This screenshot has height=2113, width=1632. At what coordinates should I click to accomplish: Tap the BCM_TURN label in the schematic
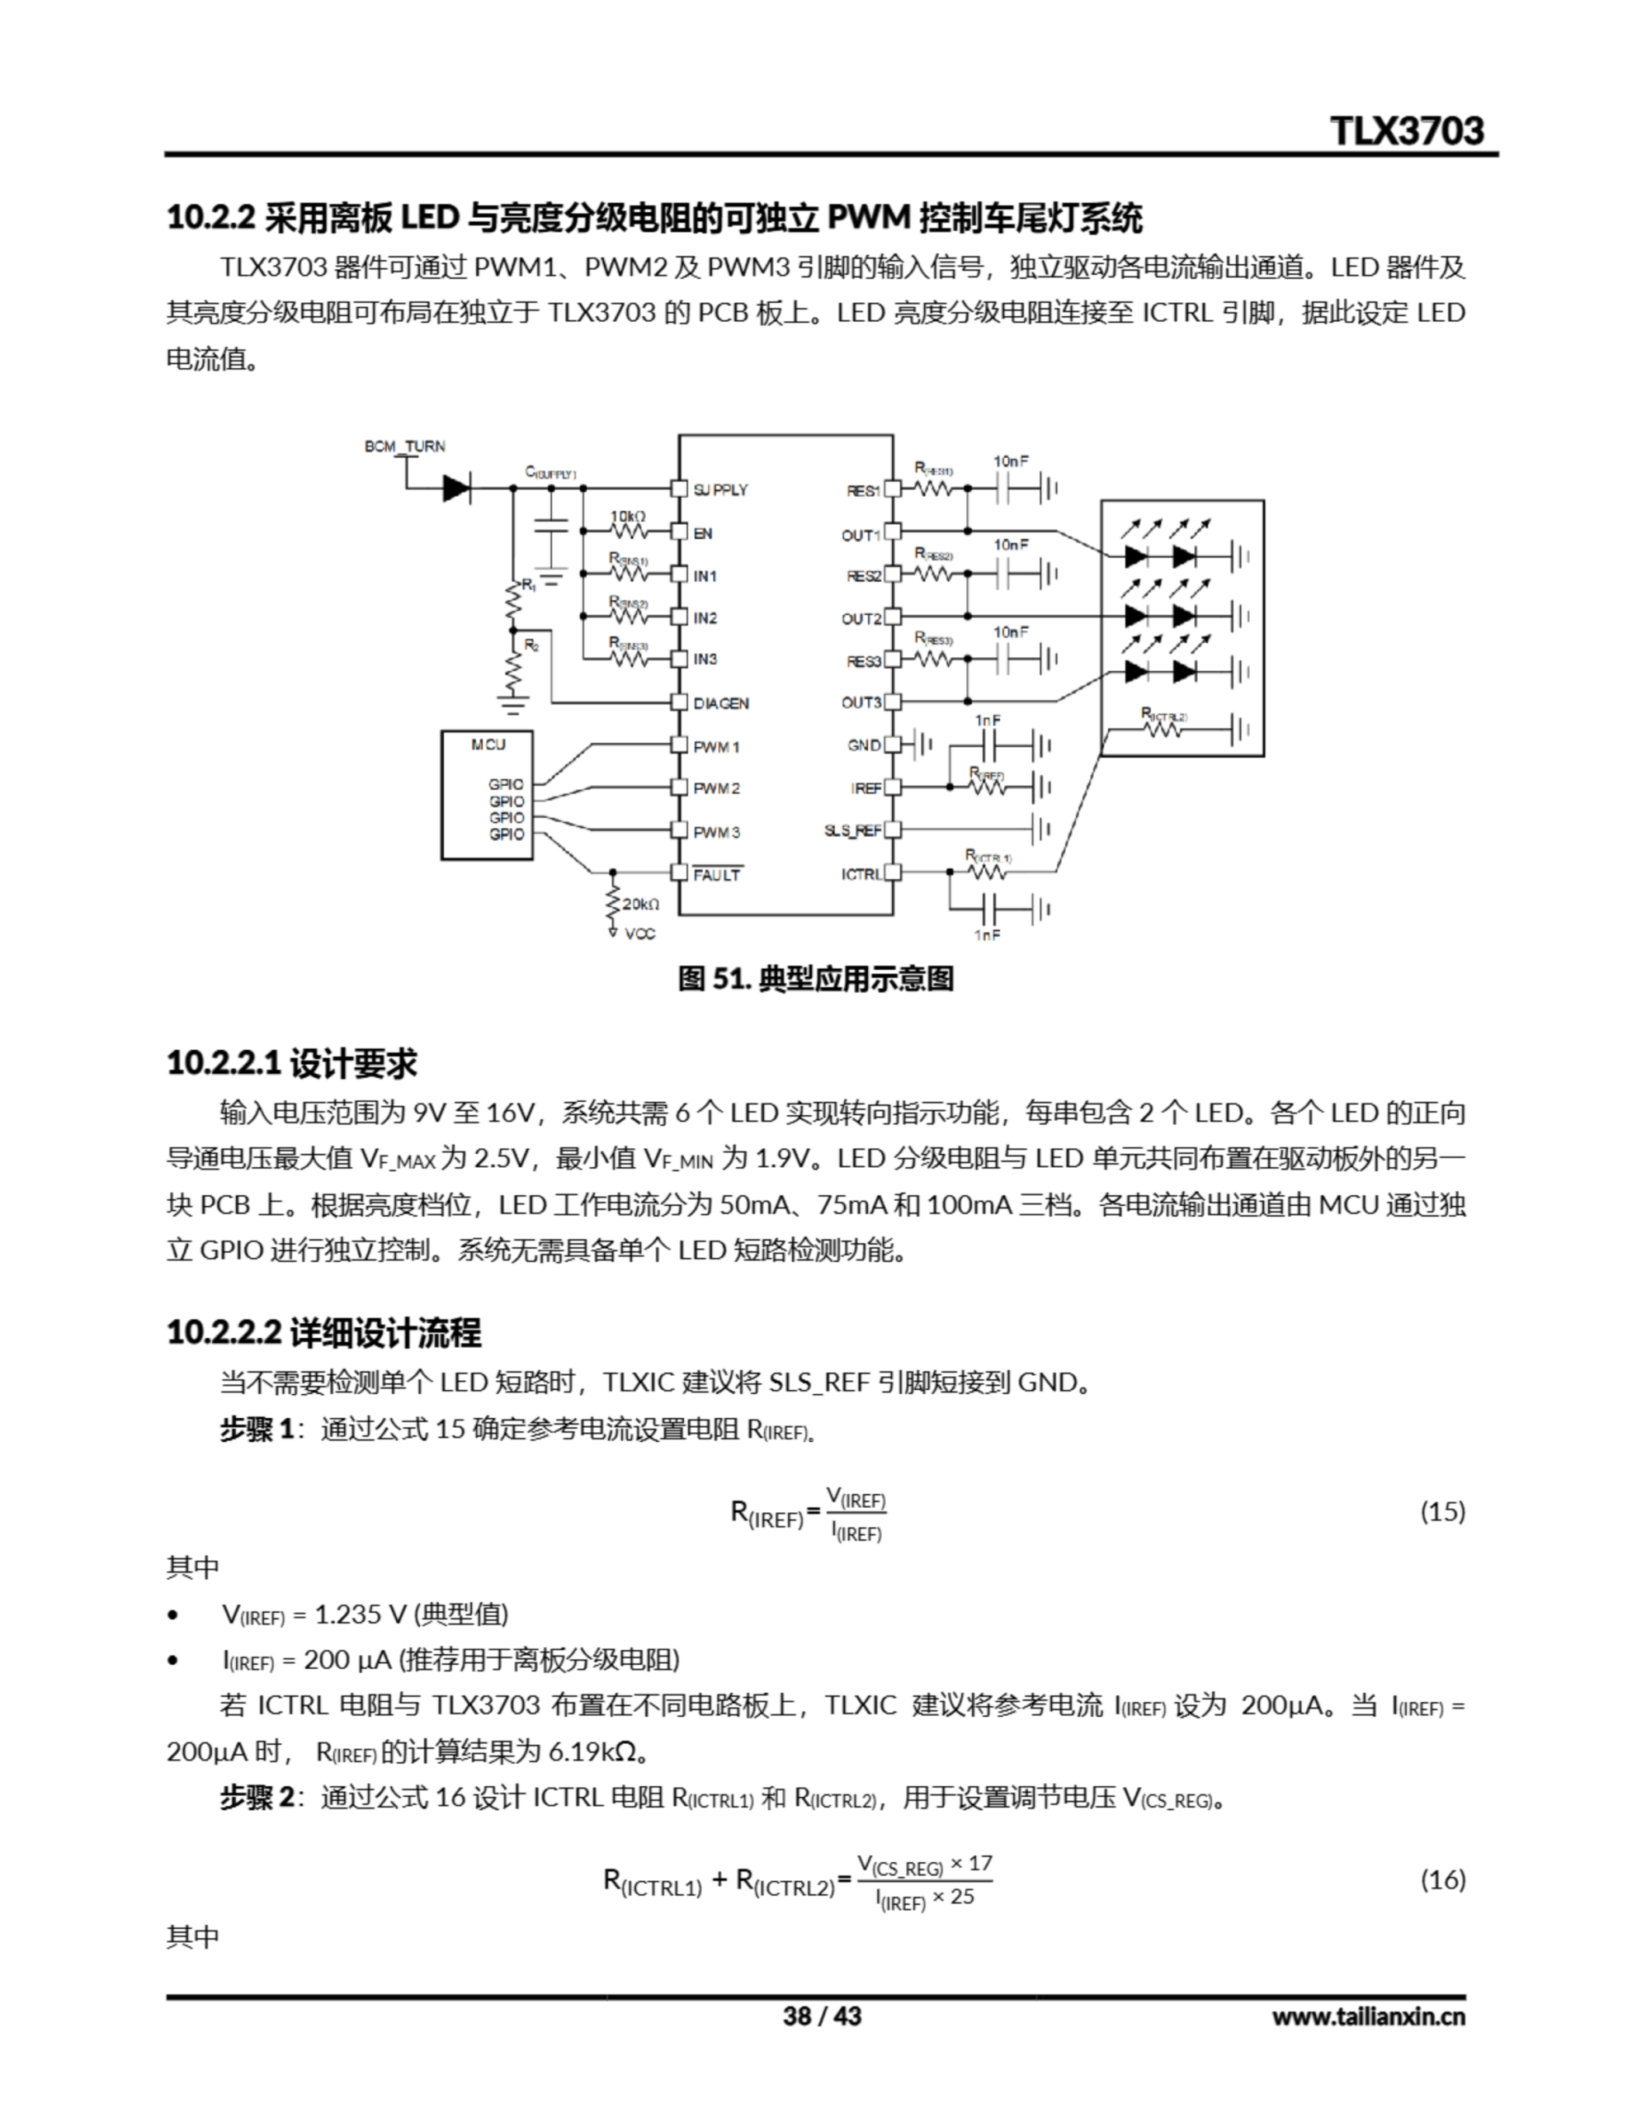click(404, 446)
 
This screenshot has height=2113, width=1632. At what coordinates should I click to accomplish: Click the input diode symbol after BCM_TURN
click(456, 489)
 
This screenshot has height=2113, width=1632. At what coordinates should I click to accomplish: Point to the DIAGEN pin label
click(721, 703)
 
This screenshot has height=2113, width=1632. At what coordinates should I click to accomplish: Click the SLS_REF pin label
click(852, 830)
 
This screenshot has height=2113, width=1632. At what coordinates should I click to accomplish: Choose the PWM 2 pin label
click(716, 788)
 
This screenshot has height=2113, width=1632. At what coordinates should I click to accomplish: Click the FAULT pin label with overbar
click(717, 875)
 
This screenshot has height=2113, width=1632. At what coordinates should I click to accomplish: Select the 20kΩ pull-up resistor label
click(640, 905)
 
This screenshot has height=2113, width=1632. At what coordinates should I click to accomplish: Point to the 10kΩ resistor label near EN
click(627, 517)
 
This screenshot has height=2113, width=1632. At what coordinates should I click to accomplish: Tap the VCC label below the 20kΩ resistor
click(639, 934)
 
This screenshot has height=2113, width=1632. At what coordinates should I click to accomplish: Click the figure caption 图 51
click(815, 979)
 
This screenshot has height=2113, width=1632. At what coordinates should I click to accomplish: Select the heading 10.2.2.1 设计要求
click(291, 1063)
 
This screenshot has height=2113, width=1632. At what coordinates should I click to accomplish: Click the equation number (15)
click(1441, 1510)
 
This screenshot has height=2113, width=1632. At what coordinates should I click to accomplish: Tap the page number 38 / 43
click(821, 2016)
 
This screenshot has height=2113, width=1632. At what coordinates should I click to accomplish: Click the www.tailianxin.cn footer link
click(1368, 2016)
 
